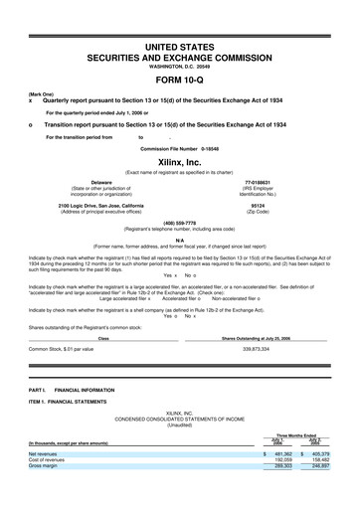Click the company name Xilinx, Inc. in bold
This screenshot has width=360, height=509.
(x=179, y=160)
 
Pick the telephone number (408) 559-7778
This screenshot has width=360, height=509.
(x=179, y=223)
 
